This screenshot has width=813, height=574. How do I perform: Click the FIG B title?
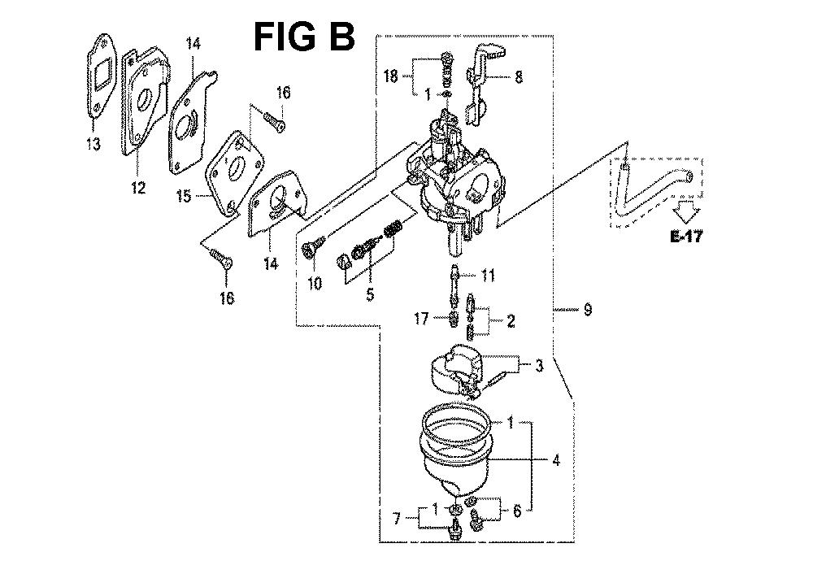coord(304,37)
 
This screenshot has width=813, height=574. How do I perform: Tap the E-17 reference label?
coord(686,237)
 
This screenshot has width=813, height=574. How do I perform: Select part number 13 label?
coord(93,143)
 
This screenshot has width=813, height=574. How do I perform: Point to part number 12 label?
coord(138,187)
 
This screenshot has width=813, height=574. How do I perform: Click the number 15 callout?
coord(184,197)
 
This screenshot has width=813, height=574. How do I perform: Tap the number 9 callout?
coord(588,310)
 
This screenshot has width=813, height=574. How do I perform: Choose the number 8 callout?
coord(519,76)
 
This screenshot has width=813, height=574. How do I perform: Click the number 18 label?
coord(390,76)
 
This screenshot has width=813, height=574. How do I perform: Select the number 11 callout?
coord(487,276)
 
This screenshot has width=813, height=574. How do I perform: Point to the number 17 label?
coord(421,318)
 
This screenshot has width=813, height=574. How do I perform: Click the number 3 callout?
coord(539,366)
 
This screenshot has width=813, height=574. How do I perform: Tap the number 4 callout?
coord(556,460)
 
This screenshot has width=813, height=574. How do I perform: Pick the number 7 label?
coord(398,518)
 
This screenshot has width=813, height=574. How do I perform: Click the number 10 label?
coord(315,283)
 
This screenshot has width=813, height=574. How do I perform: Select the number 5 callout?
coord(370,294)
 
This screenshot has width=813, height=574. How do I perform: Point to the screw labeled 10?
coord(313,245)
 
